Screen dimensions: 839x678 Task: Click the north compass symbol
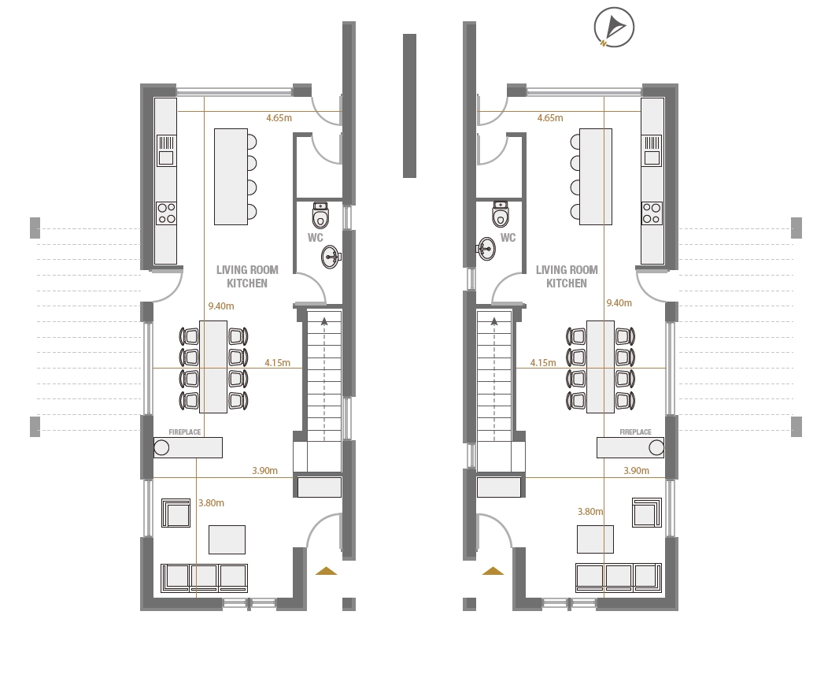[x=614, y=27]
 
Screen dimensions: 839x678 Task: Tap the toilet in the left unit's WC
[x=320, y=215]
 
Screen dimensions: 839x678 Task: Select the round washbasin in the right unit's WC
[x=486, y=249]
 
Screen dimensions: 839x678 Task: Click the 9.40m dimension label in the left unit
[x=221, y=306]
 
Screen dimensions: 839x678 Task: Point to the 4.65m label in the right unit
[x=550, y=118]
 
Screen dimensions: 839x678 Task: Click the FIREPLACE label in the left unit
[x=185, y=432]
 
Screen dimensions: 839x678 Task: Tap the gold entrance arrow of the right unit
[x=493, y=571]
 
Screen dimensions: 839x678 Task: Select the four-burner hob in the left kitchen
[x=166, y=213]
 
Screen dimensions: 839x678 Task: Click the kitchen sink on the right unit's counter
[x=652, y=150]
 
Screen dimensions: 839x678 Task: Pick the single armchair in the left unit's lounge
[x=176, y=513]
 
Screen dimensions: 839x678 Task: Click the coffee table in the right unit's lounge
[x=595, y=539]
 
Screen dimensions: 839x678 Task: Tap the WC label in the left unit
[x=315, y=237]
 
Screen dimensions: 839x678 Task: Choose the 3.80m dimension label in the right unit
[x=590, y=512]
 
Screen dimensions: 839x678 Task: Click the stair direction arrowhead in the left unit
[x=323, y=321]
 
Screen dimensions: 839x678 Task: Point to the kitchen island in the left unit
[x=231, y=176]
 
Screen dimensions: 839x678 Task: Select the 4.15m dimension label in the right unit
[x=543, y=363]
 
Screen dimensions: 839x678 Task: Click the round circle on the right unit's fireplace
[x=656, y=447]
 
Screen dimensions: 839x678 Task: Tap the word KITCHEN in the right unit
[x=567, y=283]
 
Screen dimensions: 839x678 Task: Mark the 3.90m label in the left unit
[x=265, y=471]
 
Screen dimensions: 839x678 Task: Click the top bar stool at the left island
[x=252, y=142]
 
